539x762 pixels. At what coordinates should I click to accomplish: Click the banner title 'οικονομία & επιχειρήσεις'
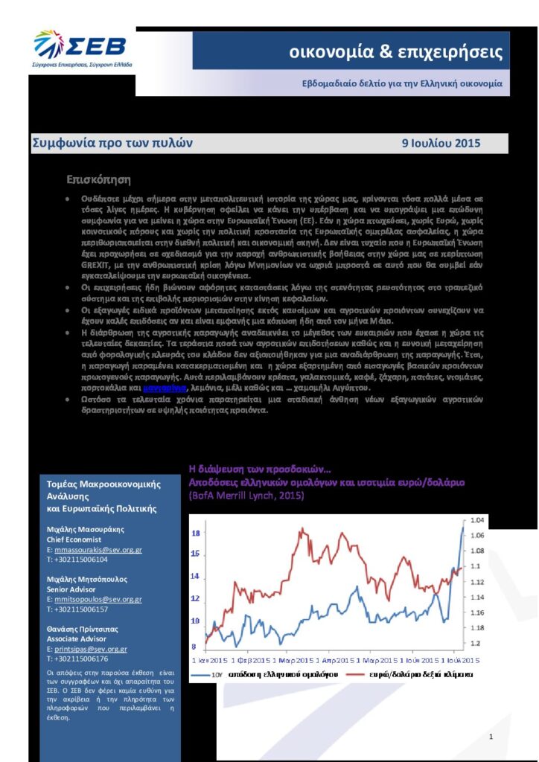tap(395, 53)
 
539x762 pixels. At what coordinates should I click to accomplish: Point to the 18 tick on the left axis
tap(196, 534)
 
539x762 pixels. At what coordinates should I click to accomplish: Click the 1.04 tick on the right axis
tap(476, 519)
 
